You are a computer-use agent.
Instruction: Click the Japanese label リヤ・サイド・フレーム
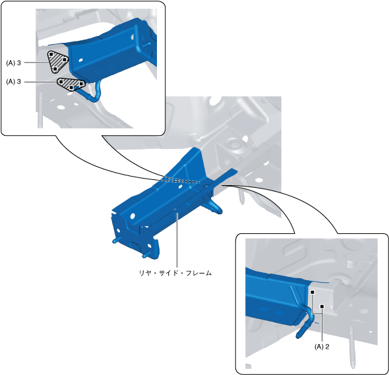pos(175,273)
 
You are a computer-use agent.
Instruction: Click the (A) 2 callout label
pos(322,347)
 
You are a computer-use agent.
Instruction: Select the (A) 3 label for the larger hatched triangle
pos(13,63)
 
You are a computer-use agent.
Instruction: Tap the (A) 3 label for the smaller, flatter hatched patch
pos(13,82)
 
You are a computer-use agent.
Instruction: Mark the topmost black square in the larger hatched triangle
pos(51,54)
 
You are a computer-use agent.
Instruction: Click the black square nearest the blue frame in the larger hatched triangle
pos(64,59)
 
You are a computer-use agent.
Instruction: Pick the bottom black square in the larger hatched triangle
pos(55,69)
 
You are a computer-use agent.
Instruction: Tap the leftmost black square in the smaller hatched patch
pos(61,81)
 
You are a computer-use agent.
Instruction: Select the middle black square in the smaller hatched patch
pos(71,87)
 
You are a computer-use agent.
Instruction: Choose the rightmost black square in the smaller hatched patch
pos(81,84)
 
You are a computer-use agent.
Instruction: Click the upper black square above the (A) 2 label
pos(313,293)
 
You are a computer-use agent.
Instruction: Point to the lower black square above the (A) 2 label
pos(322,306)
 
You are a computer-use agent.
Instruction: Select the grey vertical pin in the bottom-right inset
pos(351,347)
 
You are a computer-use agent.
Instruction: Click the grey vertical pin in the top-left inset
pos(40,110)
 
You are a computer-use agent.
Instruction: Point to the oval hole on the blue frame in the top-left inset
pos(80,60)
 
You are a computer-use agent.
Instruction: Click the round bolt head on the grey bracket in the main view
pos(233,144)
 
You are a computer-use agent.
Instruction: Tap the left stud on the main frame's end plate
pos(116,240)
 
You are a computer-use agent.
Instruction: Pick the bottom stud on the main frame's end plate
pos(146,254)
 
